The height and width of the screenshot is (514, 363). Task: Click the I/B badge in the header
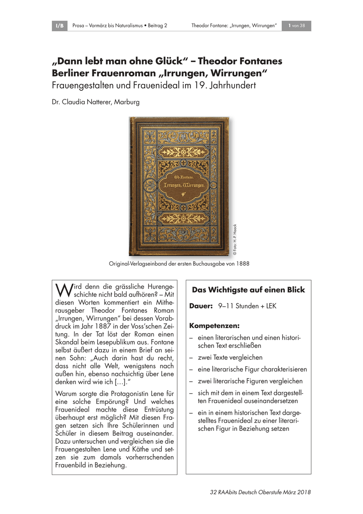[60, 26]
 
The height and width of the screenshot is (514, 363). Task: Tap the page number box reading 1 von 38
[296, 26]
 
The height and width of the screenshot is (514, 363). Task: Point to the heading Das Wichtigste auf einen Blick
[248, 290]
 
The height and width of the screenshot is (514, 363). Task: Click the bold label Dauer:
[201, 307]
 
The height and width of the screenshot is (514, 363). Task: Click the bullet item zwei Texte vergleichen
[230, 357]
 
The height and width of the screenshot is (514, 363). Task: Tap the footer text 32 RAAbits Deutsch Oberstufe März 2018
[261, 492]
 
